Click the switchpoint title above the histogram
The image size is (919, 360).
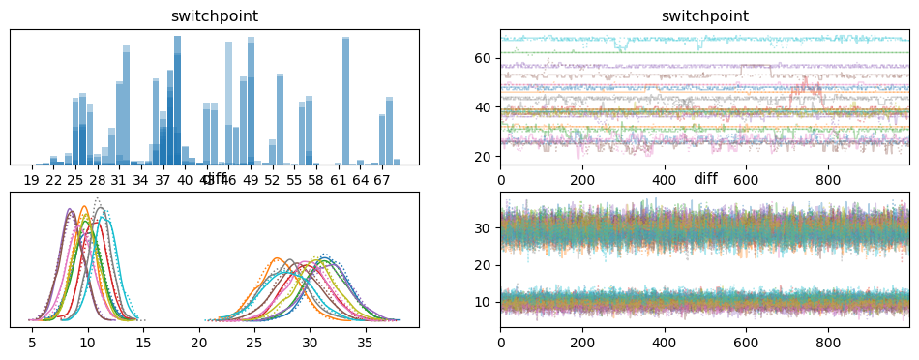coord(215,16)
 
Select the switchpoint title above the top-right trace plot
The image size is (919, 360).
coord(705,16)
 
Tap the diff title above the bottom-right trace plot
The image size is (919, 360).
coord(705,180)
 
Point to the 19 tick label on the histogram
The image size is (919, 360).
coord(31,180)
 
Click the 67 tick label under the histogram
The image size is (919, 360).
coord(382,180)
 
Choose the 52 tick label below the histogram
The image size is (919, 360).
coord(273,180)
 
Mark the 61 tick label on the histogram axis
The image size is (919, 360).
coord(339,180)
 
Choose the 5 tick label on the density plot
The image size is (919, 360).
coord(33,343)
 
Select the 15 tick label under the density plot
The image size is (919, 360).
coord(143,343)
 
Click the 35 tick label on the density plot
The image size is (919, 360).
coord(365,343)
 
